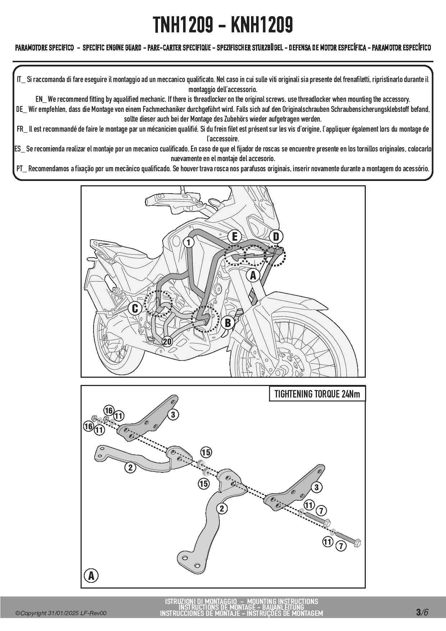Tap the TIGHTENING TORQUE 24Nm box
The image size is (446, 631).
tap(317, 394)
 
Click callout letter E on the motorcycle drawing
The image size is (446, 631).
tap(235, 237)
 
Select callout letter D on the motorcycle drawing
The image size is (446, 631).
tap(276, 237)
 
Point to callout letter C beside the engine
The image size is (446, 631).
tap(135, 308)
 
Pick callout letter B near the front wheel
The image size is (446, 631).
tap(228, 323)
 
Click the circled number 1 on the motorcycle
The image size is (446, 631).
tap(188, 242)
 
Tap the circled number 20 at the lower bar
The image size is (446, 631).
tap(167, 341)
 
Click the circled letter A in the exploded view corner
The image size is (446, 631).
tap(91, 576)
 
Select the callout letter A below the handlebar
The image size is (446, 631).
tap(253, 276)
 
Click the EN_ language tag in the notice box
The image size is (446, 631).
tap(41, 99)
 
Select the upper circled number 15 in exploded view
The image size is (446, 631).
tap(206, 453)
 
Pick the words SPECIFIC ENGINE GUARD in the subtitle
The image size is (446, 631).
tap(112, 48)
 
